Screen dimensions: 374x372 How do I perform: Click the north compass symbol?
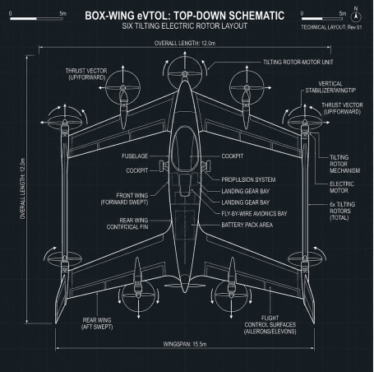[356, 16]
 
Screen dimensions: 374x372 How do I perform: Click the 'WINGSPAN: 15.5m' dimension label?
[185, 344]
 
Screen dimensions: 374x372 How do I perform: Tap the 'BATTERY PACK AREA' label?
[247, 225]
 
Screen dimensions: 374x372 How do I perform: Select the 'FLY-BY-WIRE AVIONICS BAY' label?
[254, 214]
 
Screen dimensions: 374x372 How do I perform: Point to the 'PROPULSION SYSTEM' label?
[248, 179]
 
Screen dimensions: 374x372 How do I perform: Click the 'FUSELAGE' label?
[135, 156]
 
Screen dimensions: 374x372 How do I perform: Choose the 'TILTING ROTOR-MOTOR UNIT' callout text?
[298, 62]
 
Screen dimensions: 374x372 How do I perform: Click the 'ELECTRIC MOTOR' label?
[342, 187]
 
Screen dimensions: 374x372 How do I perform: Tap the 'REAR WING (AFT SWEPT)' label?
[97, 323]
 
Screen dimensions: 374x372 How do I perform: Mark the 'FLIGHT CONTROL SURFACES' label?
[270, 325]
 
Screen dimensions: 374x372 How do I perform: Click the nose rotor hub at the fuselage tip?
[185, 73]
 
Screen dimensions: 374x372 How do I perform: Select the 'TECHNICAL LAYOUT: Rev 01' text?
[331, 27]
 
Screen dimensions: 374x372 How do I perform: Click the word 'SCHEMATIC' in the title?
[256, 16]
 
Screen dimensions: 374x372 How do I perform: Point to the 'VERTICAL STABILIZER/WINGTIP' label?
[330, 87]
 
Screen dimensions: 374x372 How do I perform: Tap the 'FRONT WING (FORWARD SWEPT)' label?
[124, 199]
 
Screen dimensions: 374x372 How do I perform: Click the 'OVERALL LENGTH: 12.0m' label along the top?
[185, 43]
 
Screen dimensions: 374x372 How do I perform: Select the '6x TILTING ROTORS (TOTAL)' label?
[342, 211]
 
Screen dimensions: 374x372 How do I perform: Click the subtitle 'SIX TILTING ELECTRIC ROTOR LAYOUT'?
[185, 26]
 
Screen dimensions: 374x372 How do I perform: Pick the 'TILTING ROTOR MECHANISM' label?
[344, 164]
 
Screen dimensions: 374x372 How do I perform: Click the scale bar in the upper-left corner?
[36, 18]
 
